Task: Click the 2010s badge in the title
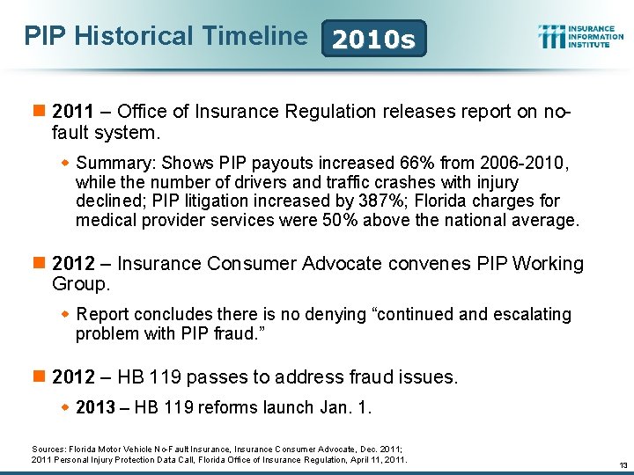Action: coord(374,39)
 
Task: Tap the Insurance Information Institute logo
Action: coord(580,36)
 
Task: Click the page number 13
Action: coord(622,464)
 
